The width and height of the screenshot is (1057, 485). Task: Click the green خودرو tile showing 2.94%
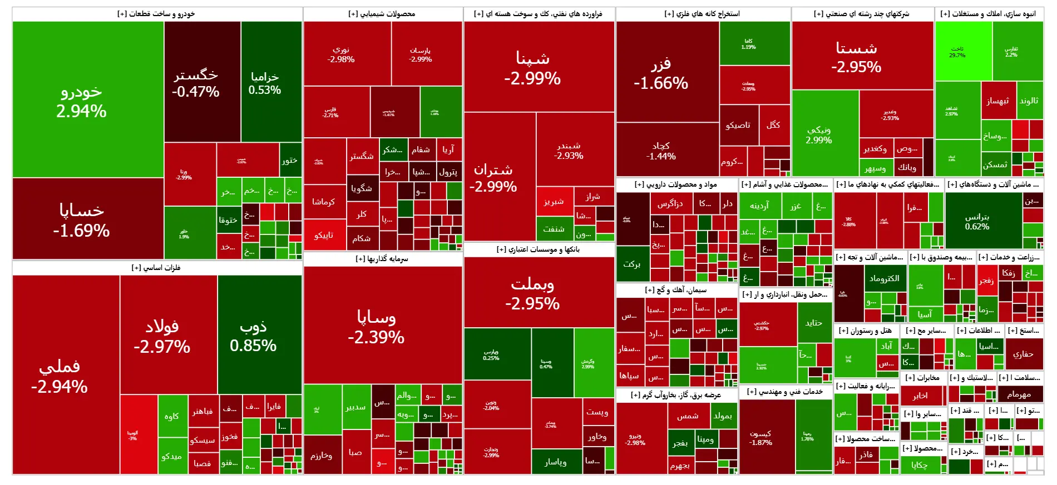coord(82,101)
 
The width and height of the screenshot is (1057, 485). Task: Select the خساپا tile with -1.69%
coord(82,219)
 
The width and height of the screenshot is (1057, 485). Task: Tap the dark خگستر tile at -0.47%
coord(196,83)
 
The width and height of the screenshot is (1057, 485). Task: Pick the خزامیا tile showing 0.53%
coord(265,83)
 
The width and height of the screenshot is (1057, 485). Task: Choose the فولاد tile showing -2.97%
coord(162,336)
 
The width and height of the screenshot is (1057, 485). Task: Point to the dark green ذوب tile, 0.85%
coord(253,336)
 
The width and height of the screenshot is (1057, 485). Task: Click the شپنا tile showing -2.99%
coord(532,68)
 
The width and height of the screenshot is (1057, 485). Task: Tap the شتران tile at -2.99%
coord(493,178)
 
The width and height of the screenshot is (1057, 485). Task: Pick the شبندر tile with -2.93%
coord(569,151)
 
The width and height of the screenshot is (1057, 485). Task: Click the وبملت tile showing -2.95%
coord(532,293)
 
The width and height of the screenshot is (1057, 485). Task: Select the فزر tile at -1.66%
coord(661,73)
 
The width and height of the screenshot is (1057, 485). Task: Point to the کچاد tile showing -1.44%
coord(661,151)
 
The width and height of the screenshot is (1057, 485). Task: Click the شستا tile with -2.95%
coord(856,57)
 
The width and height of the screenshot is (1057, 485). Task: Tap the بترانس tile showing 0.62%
coord(977,221)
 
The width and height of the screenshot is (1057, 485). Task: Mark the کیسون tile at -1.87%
coord(760,438)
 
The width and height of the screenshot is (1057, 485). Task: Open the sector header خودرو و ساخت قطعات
coord(156,14)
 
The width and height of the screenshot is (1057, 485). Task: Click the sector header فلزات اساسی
coord(156,268)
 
